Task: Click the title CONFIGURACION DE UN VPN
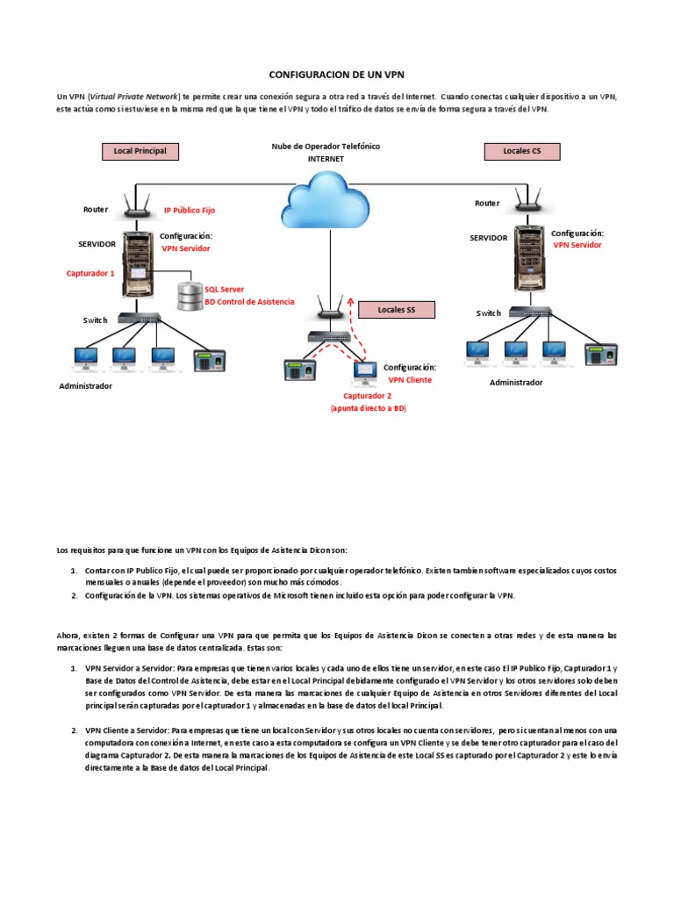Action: coord(337,75)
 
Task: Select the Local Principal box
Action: coord(140,151)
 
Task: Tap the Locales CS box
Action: coord(522,151)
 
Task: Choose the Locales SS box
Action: coord(396,310)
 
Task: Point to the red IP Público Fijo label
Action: coord(189,211)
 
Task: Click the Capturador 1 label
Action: coord(90,273)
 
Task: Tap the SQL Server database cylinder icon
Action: coord(190,296)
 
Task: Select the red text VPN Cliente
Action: coord(410,380)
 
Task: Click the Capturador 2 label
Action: coord(368,396)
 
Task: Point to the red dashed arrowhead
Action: coord(352,299)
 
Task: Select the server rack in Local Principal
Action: coord(136,262)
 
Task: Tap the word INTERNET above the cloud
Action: coord(326,159)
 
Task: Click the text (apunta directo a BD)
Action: coord(368,409)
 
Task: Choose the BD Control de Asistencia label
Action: coord(248,301)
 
